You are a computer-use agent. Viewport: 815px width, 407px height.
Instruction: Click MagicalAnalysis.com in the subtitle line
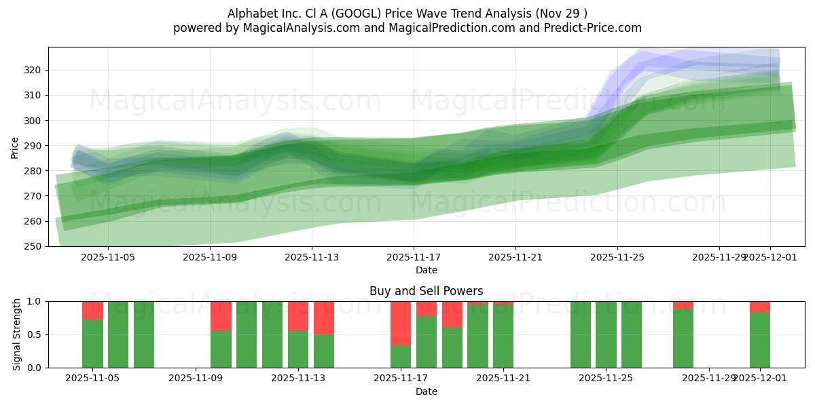tap(297, 28)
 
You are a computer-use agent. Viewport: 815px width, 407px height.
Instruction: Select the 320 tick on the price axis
tap(33, 70)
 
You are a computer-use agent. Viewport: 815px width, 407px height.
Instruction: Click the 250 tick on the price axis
tap(33, 246)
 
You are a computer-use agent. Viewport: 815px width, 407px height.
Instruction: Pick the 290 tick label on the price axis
tap(33, 146)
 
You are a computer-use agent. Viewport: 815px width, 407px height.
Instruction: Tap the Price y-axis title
tap(15, 147)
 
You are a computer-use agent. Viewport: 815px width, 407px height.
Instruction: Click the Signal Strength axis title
tap(17, 334)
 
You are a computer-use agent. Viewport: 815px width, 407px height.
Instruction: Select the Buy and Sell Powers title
tap(426, 291)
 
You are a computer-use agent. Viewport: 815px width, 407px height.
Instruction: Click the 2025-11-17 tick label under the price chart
tap(413, 258)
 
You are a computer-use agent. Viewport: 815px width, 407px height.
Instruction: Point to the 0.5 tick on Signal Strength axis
tap(35, 334)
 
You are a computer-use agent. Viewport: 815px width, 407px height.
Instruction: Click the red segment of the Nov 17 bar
tap(401, 323)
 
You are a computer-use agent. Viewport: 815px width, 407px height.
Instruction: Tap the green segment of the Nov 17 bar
tap(401, 356)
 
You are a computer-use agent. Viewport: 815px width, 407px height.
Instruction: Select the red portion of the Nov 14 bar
tap(324, 317)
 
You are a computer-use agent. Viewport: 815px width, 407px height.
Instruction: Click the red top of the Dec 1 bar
tap(760, 307)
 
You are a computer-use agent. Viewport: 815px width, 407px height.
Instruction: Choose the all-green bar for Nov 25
tap(606, 334)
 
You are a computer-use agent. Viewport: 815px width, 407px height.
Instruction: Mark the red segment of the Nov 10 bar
tap(221, 315)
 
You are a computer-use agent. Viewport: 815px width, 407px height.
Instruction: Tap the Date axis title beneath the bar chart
tap(426, 391)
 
